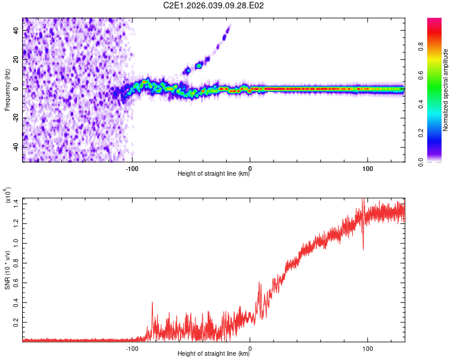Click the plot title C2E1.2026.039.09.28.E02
tap(214, 5)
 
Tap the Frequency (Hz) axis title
tap(7, 90)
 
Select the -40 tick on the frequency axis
tap(16, 147)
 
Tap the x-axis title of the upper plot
tap(214, 174)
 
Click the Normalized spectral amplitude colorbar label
tap(445, 90)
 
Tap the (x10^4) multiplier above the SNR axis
tap(8, 197)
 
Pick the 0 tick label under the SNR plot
tap(250, 347)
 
